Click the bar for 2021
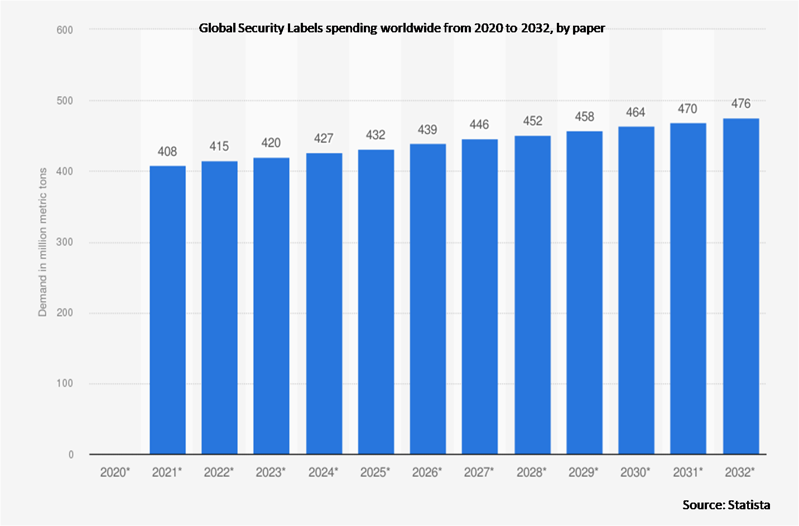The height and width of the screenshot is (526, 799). (x=167, y=310)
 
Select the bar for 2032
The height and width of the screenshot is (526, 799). (x=740, y=286)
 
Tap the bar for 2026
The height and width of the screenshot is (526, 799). (x=428, y=299)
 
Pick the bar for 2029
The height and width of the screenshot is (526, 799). (x=584, y=292)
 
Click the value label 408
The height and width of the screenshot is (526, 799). (x=167, y=152)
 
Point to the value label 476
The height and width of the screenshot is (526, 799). (x=741, y=104)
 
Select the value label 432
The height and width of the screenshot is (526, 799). (x=376, y=135)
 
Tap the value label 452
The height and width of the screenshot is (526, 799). (x=532, y=121)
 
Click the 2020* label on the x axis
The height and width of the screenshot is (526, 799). (x=115, y=472)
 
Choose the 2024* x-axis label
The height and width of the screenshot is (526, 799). (x=324, y=472)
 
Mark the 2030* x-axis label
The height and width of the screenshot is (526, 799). (x=636, y=472)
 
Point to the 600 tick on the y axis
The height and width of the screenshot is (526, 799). (x=65, y=30)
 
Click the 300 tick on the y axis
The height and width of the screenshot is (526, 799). (x=65, y=242)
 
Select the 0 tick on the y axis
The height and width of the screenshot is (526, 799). (x=71, y=455)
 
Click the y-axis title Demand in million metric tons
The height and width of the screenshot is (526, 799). (x=42, y=242)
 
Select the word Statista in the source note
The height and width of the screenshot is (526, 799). (x=749, y=505)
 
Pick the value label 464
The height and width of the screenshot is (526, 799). (x=636, y=113)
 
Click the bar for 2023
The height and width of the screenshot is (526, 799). (x=271, y=306)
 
